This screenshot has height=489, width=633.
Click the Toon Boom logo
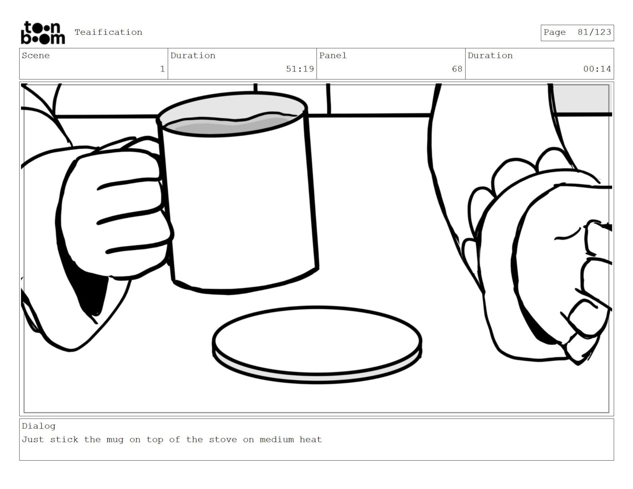point(43,33)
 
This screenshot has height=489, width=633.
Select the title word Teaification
point(108,32)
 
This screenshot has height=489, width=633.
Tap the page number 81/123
point(594,32)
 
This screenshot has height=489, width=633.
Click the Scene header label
point(36,56)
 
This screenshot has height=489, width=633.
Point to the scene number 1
point(163,69)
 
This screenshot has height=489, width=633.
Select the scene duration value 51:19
point(300,69)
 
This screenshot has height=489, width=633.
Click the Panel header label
point(333,56)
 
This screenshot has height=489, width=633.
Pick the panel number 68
point(457,69)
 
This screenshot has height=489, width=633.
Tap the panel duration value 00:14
point(597,69)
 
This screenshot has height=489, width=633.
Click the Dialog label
point(38,426)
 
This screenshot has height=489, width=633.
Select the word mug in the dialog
point(115,440)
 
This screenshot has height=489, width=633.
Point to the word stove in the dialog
point(223,439)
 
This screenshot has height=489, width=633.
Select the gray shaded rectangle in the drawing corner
point(581,98)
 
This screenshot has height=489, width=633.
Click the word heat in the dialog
point(311,439)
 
